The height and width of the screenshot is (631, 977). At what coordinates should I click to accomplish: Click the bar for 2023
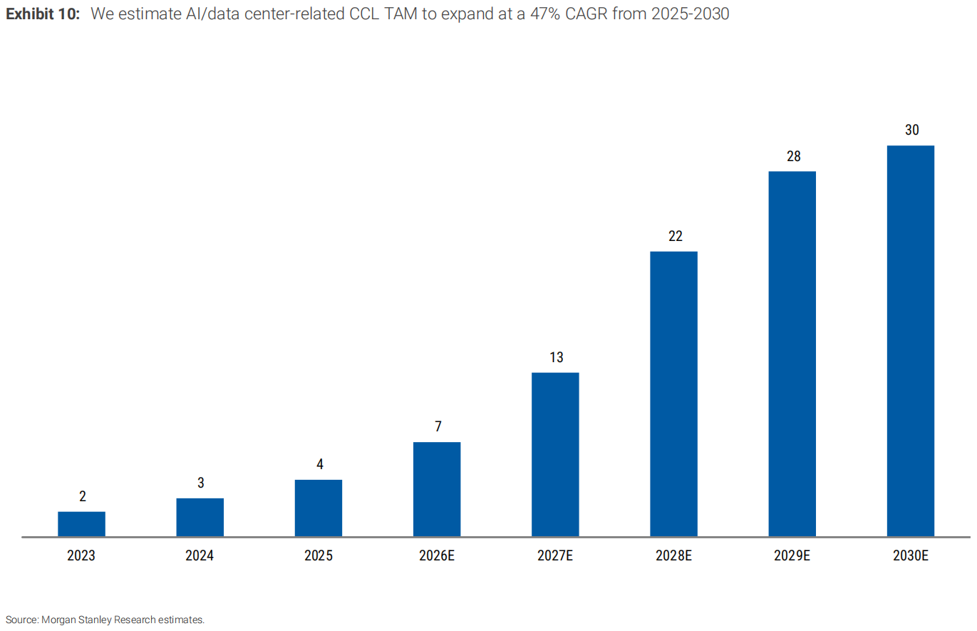81,523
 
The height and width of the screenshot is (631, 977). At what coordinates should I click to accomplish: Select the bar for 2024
200,517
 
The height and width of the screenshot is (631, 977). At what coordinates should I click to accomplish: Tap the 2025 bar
319,508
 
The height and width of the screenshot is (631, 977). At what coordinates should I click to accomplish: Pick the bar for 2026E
437,489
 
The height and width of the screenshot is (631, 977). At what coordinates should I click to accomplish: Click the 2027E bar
555,454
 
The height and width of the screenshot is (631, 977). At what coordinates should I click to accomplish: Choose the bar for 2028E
674,394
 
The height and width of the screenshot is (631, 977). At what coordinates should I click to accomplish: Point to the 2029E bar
792,354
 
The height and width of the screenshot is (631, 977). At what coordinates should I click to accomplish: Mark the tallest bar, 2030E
911,341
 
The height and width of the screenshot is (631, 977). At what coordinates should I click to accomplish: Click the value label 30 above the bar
912,130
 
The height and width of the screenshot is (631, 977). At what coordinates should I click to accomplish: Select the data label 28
794,156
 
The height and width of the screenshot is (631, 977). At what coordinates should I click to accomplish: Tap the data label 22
675,236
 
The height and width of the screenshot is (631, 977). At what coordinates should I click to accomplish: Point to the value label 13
557,357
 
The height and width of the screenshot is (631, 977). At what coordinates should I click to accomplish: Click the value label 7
438,426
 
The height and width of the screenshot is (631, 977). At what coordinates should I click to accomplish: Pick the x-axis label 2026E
437,555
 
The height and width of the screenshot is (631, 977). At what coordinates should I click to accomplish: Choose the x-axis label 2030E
911,555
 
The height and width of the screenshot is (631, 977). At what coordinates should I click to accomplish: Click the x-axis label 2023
81,555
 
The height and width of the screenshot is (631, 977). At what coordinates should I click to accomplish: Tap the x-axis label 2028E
674,555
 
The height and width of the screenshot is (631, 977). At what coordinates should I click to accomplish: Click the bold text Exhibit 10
43,14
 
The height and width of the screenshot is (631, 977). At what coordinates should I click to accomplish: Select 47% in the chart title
545,14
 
